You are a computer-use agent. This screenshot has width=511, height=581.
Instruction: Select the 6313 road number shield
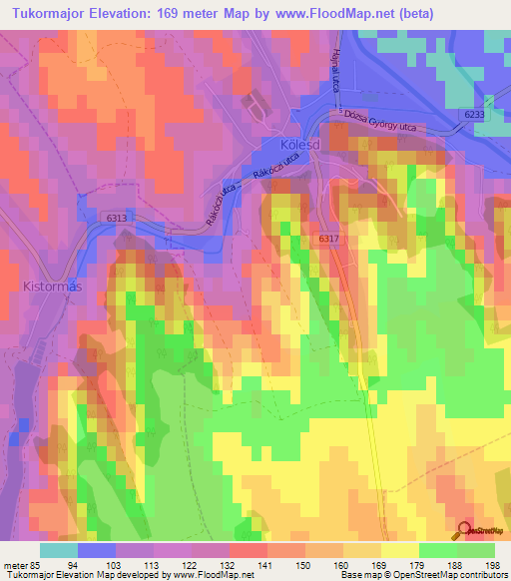click(119, 217)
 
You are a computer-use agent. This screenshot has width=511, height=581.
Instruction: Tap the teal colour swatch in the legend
click(59, 550)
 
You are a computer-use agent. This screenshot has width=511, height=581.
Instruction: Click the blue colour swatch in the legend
click(97, 550)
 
